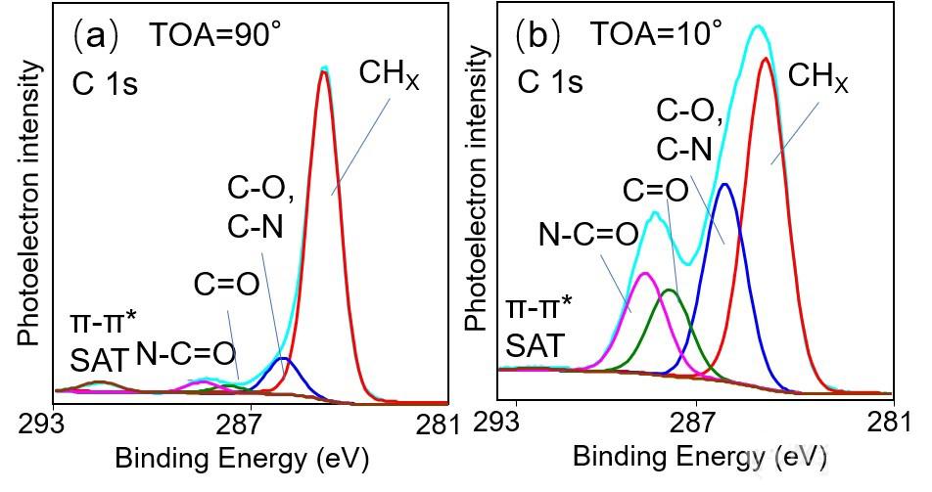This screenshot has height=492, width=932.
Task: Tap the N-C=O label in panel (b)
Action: [x=588, y=234]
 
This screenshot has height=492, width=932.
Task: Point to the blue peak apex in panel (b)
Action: [x=724, y=184]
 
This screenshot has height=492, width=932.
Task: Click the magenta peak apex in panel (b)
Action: [x=644, y=274]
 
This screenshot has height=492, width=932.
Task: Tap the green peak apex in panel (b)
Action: [x=670, y=291]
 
